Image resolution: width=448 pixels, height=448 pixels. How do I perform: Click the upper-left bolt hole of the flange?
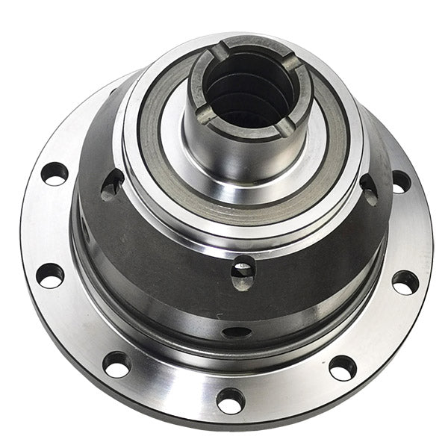point(55,174)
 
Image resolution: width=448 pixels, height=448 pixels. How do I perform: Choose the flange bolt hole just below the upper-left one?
point(50,275)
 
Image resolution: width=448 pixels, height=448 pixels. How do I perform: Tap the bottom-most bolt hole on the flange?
point(230,401)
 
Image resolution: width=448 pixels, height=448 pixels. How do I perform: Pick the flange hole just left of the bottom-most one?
point(117,364)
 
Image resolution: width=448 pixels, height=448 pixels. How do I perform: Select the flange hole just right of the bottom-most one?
point(342,367)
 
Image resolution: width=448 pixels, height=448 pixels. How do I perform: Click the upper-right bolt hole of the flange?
point(401,181)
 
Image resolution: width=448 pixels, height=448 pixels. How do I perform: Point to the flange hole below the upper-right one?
point(405,281)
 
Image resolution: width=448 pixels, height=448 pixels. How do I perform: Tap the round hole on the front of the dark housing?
point(243,267)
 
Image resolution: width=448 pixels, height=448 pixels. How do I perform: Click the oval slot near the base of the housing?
point(237,332)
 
